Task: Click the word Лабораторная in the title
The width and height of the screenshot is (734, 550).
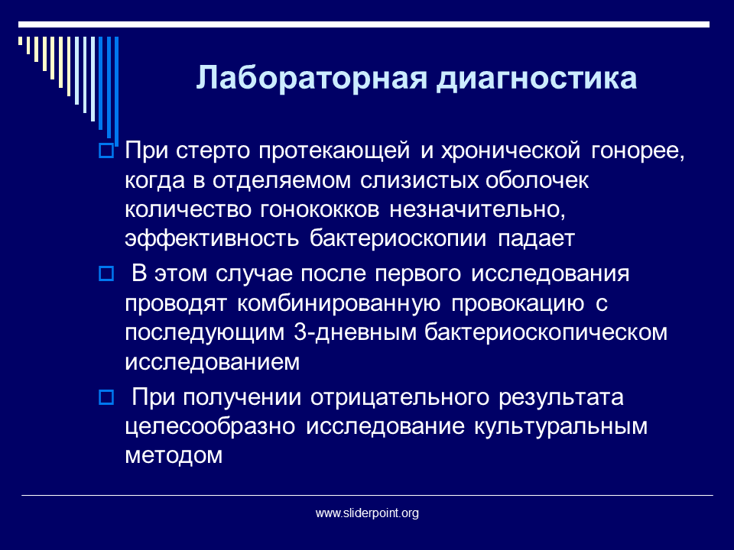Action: click(311, 77)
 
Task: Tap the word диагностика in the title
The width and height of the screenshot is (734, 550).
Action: click(537, 78)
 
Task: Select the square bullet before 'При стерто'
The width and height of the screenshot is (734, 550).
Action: click(106, 151)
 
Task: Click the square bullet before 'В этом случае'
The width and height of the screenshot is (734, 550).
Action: click(106, 273)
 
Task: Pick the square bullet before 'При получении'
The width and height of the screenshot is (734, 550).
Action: click(106, 397)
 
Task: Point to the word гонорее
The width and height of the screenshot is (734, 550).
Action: click(638, 151)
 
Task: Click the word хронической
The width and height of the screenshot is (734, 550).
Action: click(511, 151)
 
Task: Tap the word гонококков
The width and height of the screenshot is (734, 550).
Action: click(320, 209)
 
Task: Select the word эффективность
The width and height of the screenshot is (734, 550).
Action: click(212, 238)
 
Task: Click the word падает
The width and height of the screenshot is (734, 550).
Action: click(536, 239)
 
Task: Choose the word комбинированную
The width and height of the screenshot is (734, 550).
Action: click(339, 303)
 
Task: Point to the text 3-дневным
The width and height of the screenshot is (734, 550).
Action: click(356, 332)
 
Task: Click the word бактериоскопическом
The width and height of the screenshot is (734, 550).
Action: click(546, 332)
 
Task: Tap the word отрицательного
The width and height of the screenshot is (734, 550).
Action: click(400, 397)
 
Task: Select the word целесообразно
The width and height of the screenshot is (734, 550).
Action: click(210, 426)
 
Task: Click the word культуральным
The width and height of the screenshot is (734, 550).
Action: click(560, 426)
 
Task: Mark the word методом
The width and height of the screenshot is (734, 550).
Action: click(174, 455)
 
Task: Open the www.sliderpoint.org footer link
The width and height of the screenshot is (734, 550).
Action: click(367, 513)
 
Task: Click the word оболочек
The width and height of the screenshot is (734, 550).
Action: click(537, 180)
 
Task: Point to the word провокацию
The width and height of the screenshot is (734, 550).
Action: click(518, 304)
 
